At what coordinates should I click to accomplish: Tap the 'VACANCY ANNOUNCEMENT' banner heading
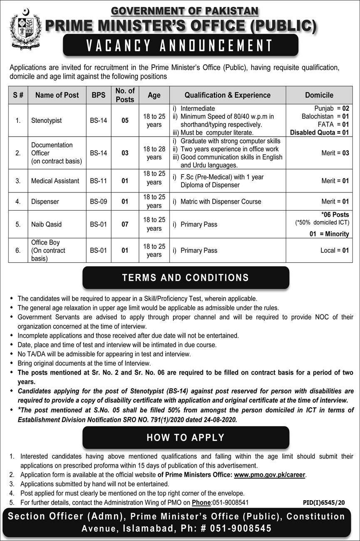coord(180,45)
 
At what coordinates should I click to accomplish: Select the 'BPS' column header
coord(98,95)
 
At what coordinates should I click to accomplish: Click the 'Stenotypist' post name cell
coord(46,120)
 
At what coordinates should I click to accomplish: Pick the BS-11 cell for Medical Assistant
coord(98,181)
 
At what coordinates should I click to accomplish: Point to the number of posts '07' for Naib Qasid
coord(125,224)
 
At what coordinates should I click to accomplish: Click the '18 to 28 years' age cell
coord(154,153)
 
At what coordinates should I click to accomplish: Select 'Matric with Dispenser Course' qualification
coord(221,202)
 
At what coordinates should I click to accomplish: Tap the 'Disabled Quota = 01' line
coord(319,132)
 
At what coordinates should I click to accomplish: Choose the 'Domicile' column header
coord(319,95)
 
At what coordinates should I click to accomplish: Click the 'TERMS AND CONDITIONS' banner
coord(186,278)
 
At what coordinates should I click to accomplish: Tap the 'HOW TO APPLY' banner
coord(186,438)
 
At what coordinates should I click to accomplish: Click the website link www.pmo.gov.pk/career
coord(270,475)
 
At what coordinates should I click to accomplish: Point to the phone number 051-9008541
coord(230,503)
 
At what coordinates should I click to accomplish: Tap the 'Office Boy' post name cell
coord(48,250)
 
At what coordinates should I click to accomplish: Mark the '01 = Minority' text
coord(329,234)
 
